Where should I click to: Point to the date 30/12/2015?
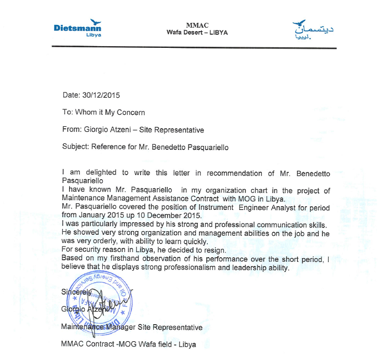click(101, 95)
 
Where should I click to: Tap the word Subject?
click(75, 147)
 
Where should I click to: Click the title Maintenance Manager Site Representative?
click(131, 328)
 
